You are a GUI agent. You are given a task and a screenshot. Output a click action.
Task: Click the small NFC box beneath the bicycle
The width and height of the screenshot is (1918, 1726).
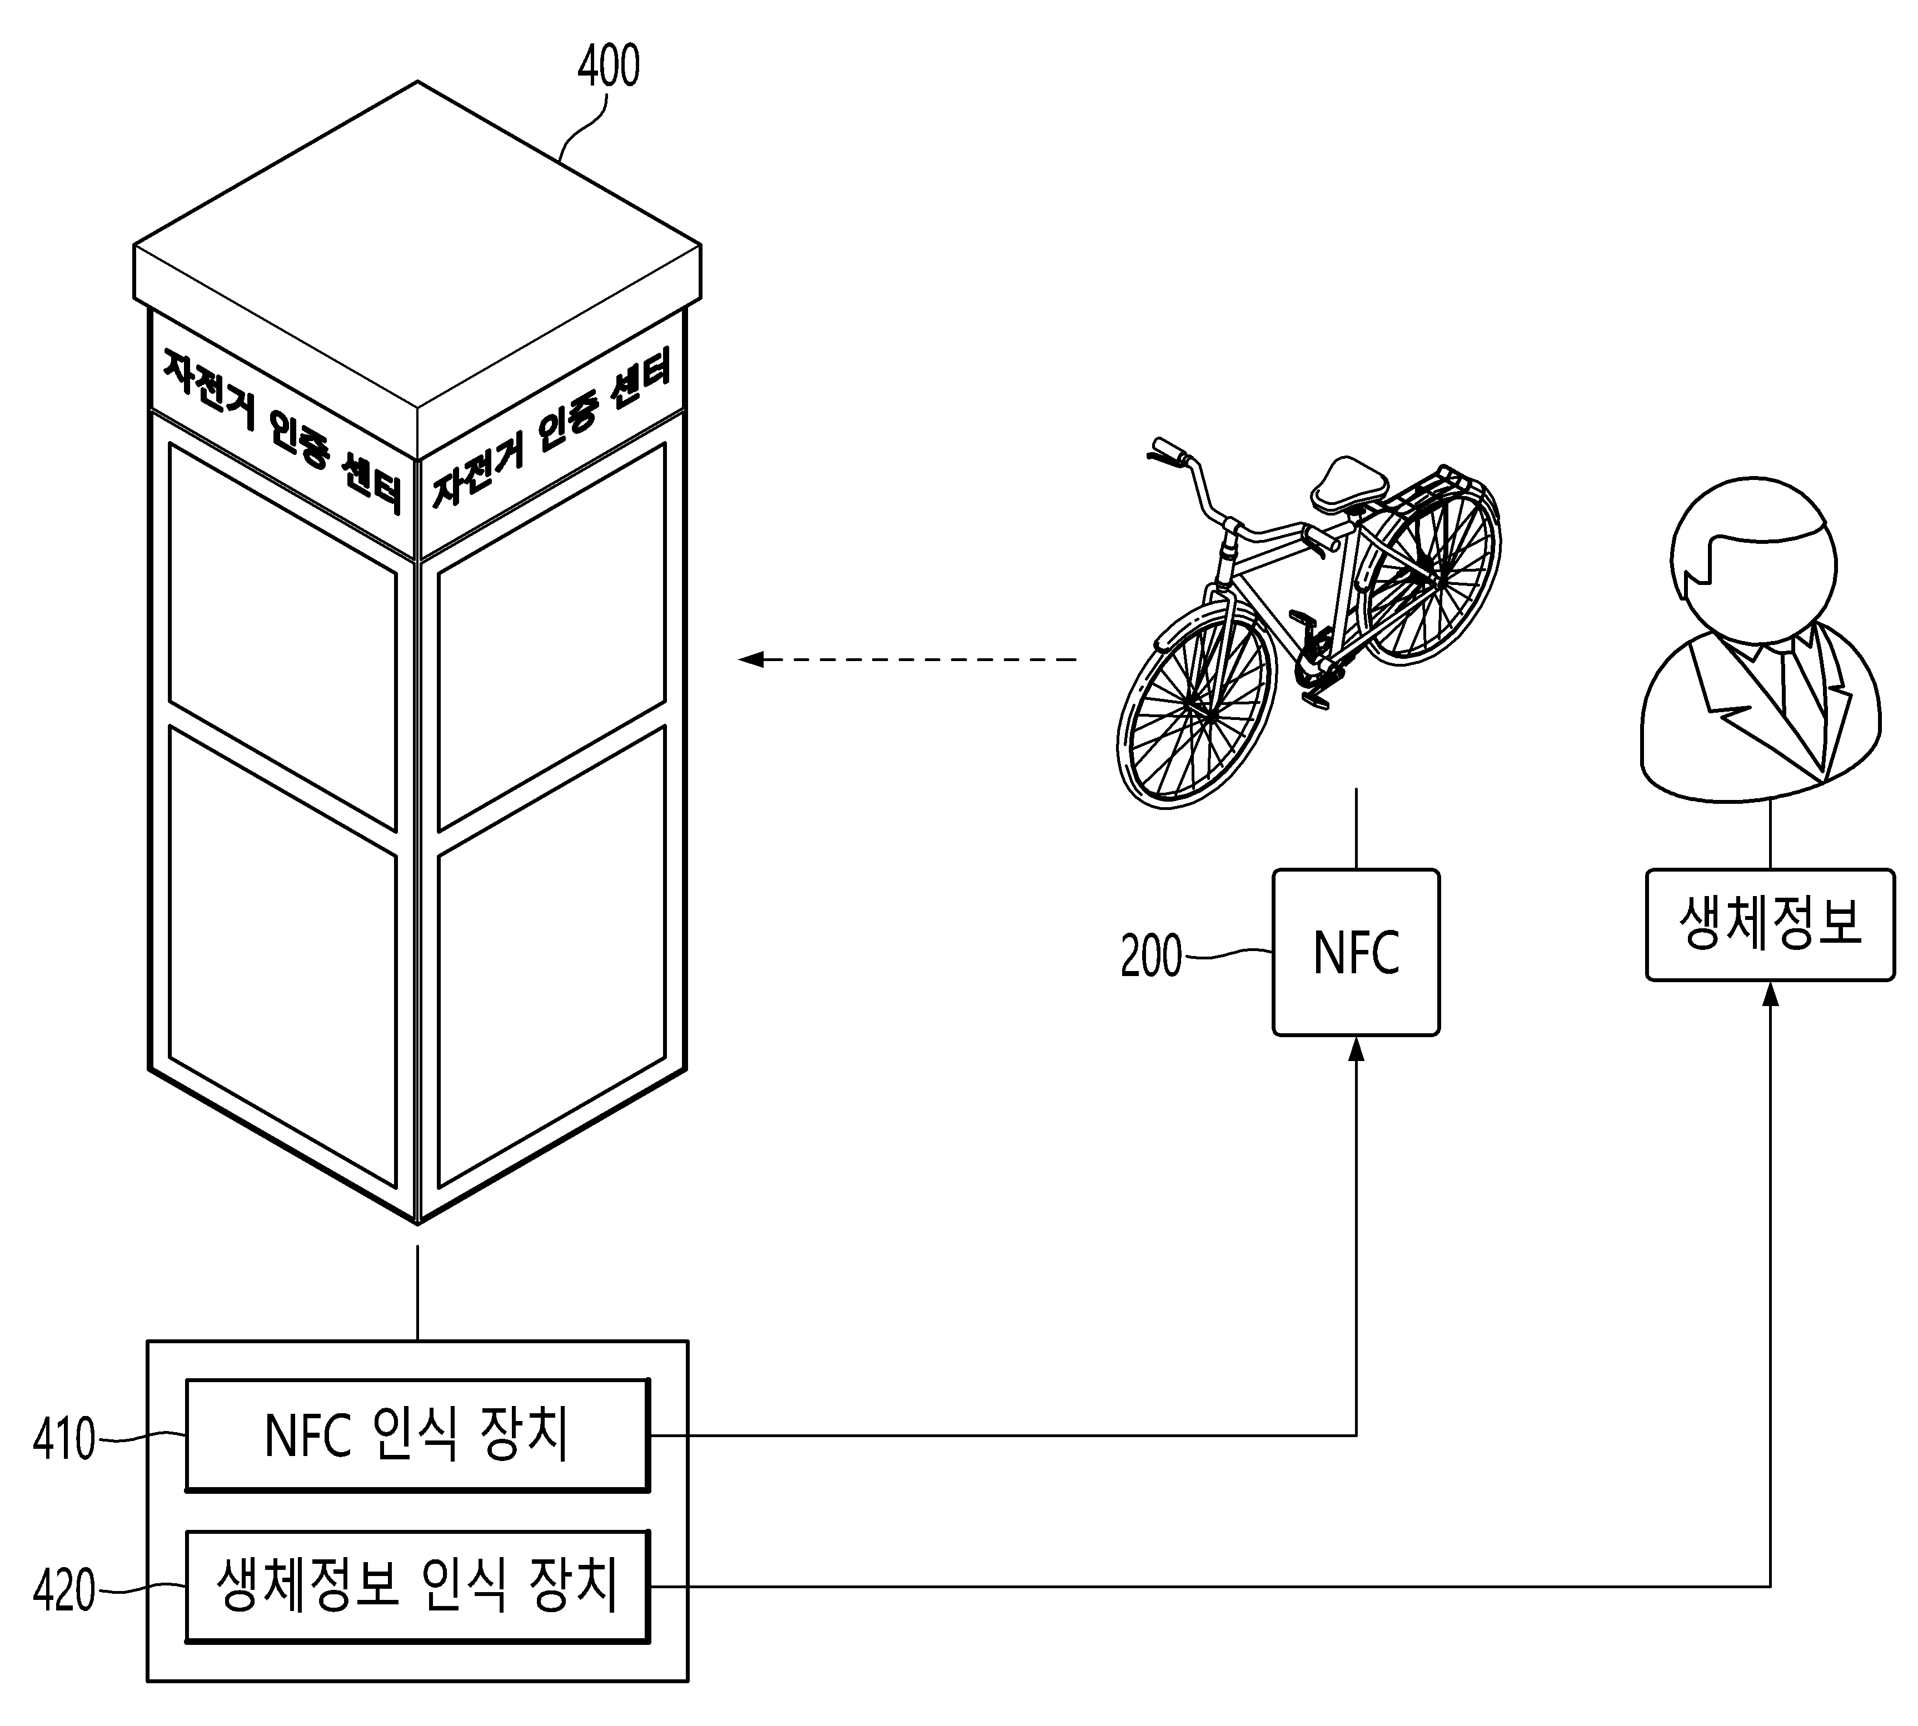(1356, 952)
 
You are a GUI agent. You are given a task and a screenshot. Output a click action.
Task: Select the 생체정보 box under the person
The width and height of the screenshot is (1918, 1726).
(1770, 924)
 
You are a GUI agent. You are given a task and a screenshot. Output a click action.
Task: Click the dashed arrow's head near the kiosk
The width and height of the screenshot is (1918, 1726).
(751, 658)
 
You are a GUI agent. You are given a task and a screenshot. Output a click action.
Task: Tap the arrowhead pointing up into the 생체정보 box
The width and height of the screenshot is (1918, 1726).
(1770, 992)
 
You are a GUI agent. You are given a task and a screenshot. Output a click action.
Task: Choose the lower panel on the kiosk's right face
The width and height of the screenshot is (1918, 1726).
(552, 956)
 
